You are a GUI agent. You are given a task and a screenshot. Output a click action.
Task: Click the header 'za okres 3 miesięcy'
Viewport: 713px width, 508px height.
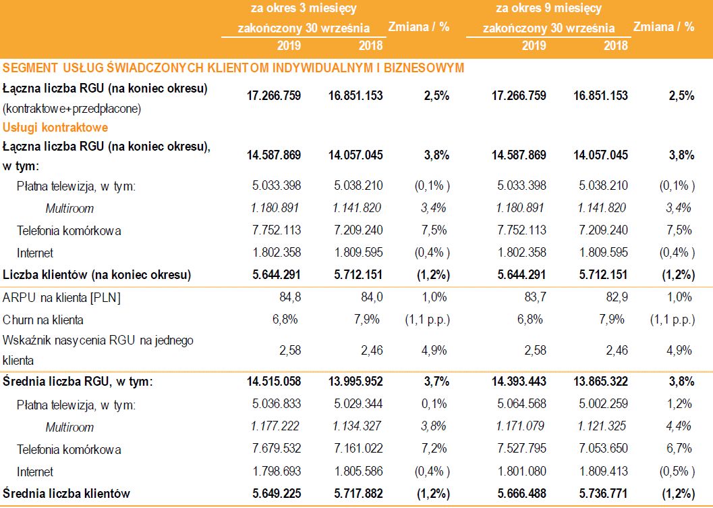pyautogui.click(x=303, y=9)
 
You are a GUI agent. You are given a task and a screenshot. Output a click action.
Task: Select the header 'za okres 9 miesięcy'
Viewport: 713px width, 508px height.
pyautogui.click(x=548, y=9)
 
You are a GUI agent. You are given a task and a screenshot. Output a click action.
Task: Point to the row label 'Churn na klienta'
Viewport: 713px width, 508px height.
pyautogui.click(x=43, y=320)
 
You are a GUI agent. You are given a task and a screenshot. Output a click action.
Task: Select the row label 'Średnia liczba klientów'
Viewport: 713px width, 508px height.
pyautogui.click(x=66, y=493)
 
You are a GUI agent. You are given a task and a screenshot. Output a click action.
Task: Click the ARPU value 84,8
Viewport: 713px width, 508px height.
pyautogui.click(x=288, y=297)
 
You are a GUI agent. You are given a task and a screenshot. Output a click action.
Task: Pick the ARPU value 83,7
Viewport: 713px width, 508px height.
pyautogui.click(x=533, y=297)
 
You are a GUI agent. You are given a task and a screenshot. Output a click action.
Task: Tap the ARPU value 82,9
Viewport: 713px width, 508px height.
pyautogui.click(x=615, y=297)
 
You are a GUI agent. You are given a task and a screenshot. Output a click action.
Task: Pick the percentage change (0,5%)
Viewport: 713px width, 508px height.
pyautogui.click(x=677, y=472)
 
